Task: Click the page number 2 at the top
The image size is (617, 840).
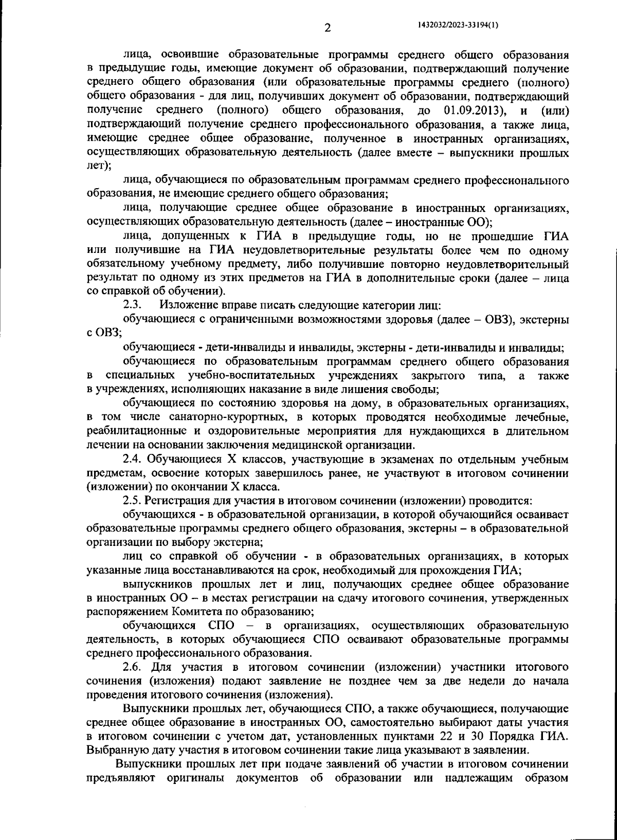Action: coord(326,28)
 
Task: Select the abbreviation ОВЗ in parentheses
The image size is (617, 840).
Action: coord(499,320)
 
